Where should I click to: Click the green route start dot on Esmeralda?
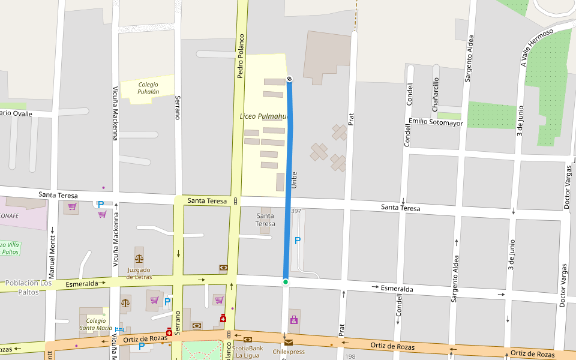pos(286,281)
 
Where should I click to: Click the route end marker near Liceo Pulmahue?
pos(289,79)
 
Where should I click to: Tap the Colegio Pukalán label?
pos(148,88)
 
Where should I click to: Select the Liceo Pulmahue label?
pos(264,116)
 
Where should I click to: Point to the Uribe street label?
pos(294,181)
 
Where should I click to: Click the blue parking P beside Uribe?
pos(297,241)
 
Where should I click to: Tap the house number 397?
pos(296,211)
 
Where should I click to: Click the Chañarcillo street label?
pos(436,94)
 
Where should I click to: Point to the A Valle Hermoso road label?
pos(536,48)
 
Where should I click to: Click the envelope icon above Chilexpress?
pos(289,343)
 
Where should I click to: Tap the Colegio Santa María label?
pos(96,325)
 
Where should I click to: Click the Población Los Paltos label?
pos(28,287)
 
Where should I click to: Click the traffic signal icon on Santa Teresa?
pos(236,201)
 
